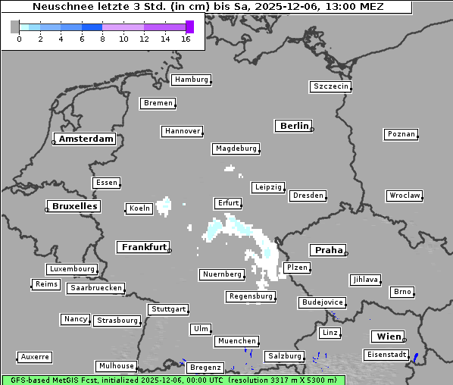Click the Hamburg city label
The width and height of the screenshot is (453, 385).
point(191,80)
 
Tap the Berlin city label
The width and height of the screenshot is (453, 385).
point(294,126)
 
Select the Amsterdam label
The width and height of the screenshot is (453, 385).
point(86,139)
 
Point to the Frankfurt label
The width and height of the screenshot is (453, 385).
point(144,247)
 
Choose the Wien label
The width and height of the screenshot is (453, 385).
point(387,336)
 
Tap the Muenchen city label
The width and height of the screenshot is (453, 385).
point(237,342)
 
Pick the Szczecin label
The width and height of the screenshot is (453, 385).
point(331,86)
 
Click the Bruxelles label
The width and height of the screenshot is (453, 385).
point(74,206)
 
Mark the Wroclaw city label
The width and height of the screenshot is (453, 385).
point(405,196)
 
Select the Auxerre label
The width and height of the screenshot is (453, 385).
point(35,356)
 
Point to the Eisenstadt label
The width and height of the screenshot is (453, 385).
point(386,355)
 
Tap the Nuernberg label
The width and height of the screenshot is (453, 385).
point(222,274)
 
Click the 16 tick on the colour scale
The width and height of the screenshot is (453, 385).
point(186,39)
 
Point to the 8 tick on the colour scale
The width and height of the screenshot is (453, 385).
point(102,39)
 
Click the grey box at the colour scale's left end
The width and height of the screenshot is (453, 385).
point(15,27)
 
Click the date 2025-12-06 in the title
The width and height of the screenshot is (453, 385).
point(274,7)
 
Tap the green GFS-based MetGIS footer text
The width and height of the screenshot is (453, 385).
point(173,380)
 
